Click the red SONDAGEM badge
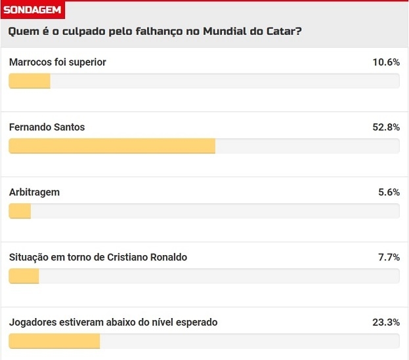pos(33,10)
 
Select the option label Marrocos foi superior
pos(58,62)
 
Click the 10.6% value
pos(386,62)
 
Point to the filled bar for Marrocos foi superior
pos(30,81)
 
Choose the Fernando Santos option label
pos(47,127)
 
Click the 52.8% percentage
pos(386,127)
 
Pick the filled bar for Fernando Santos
pos(112,146)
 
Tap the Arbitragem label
pos(34,192)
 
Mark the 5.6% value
pos(389,192)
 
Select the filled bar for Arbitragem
pos(20,211)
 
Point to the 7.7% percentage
pos(389,257)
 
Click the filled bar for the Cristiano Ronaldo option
pos(24,276)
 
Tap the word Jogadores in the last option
pos(33,322)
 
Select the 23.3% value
pos(386,322)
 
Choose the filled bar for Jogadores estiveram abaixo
pos(54,341)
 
